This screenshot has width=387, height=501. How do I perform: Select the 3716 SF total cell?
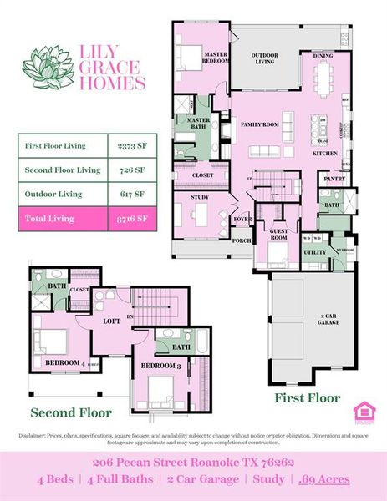pos(133,219)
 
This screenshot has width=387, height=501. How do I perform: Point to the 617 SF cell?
pos(133,194)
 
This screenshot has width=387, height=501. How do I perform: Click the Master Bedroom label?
pos(217,57)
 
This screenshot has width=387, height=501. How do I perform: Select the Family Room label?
pos(259,124)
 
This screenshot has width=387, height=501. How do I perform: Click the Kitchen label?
pos(325,154)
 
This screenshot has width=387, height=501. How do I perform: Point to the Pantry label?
pos(334,179)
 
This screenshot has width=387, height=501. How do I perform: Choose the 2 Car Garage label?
pos(328,318)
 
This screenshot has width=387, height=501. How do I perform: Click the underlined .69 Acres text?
pos(325,479)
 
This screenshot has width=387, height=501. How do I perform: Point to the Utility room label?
pos(314,251)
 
